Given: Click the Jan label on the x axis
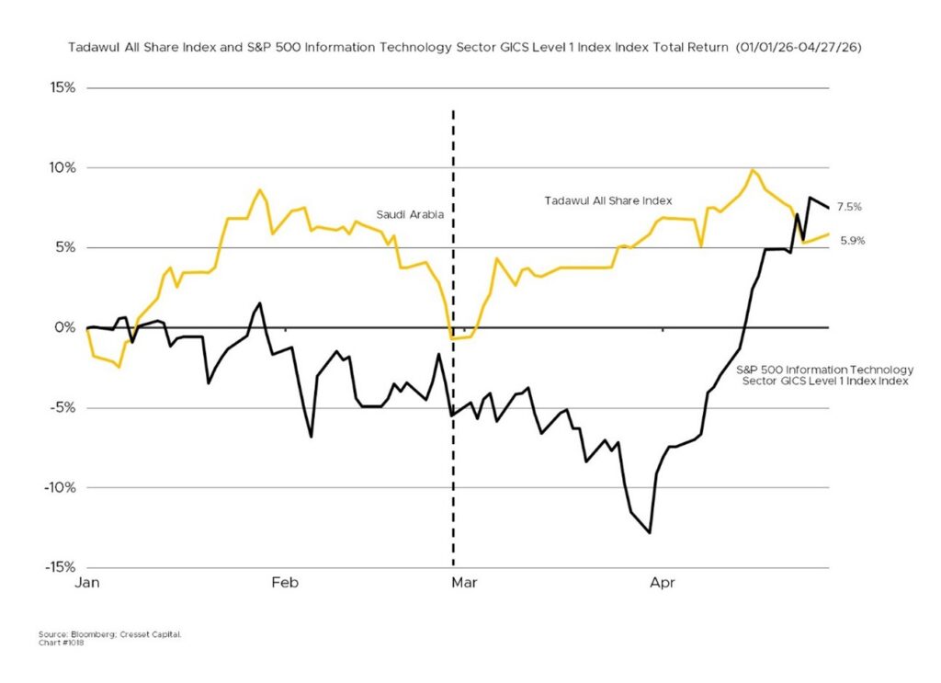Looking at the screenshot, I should (x=87, y=582).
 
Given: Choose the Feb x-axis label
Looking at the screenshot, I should (x=286, y=582).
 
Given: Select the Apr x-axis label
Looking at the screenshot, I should (x=663, y=582).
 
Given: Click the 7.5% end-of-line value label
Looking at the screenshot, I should (x=850, y=208).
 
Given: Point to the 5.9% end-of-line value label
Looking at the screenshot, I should (x=850, y=241).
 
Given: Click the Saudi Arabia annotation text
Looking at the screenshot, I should (x=410, y=215).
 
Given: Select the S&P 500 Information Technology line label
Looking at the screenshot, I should (x=822, y=373).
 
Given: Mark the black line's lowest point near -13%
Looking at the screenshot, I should (x=650, y=532).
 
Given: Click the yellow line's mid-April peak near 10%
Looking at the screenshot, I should (x=754, y=170).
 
